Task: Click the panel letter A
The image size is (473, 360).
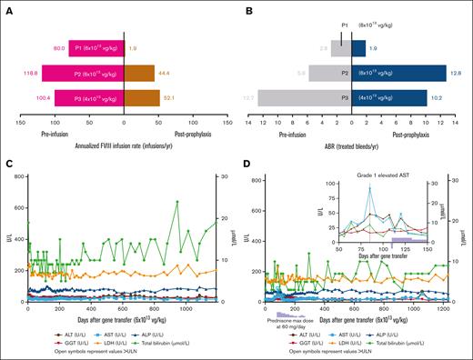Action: [x=8, y=6]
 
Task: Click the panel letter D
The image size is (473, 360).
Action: [x=244, y=164]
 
